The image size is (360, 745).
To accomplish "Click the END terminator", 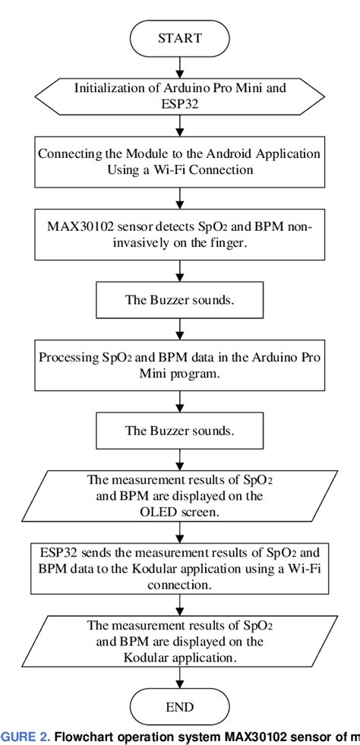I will pos(180,707).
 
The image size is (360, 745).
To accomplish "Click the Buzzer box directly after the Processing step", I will pos(180,431).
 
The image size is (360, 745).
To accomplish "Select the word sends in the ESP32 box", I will pos(88,551).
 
